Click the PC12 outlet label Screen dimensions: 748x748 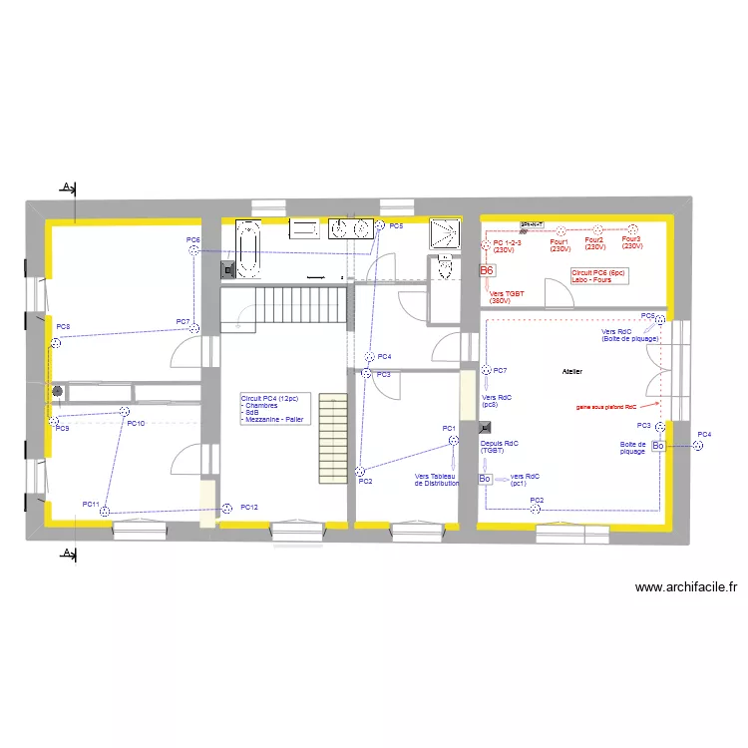[x=249, y=508]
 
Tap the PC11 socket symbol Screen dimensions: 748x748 [x=106, y=511]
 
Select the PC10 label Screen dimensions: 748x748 [x=136, y=424]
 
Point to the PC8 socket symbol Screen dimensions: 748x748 [x=57, y=343]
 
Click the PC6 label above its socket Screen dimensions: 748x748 [x=192, y=240]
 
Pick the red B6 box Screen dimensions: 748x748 [x=487, y=270]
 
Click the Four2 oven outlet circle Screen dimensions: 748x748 [x=594, y=228]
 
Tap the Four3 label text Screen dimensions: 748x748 [x=631, y=239]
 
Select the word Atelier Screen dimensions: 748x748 [x=571, y=372]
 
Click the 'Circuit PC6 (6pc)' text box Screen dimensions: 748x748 [x=598, y=275]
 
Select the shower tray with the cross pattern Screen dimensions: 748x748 [x=445, y=233]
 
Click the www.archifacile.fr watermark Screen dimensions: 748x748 [x=685, y=588]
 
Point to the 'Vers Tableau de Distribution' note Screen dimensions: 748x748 [x=437, y=480]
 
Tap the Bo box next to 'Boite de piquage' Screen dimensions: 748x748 [x=658, y=446]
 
